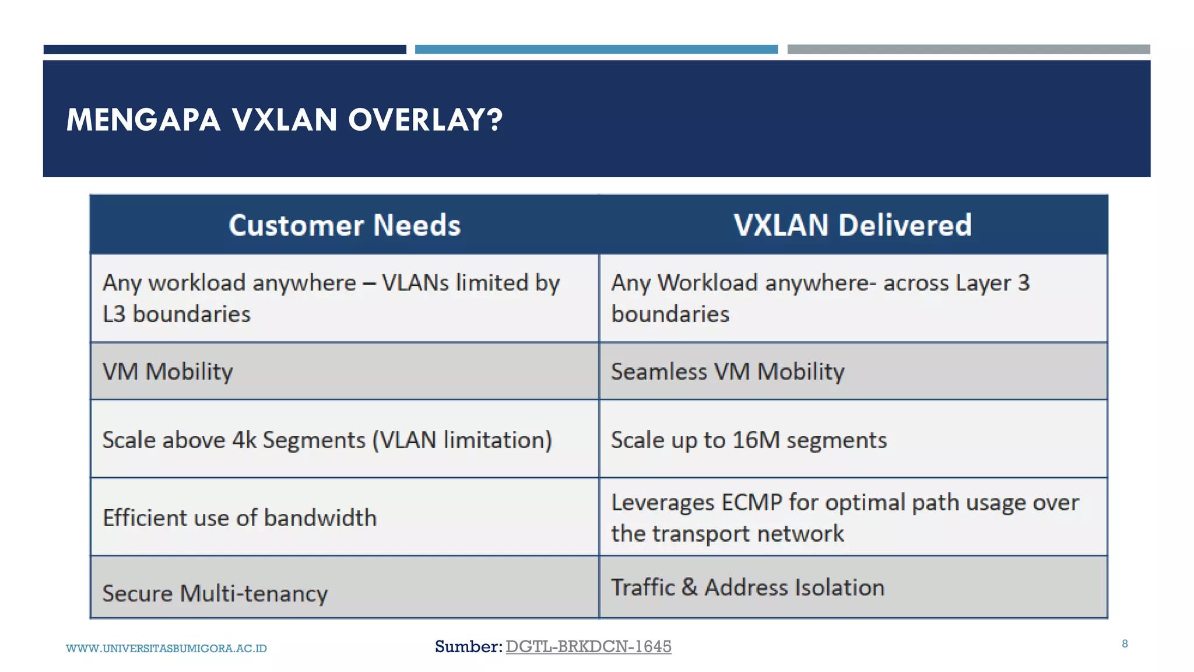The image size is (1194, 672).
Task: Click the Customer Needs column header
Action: point(345,225)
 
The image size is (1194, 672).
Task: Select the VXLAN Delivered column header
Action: point(852,225)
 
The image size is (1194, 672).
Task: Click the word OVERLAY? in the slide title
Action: point(425,120)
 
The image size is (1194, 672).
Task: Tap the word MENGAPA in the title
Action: point(143,120)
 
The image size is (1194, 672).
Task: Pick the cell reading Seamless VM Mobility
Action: point(728,372)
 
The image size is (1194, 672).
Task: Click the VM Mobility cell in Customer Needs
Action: point(168,372)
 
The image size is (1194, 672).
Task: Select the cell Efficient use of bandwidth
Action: point(240,518)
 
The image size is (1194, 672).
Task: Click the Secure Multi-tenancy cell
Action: point(215,594)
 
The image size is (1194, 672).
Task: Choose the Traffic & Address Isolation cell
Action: point(747,587)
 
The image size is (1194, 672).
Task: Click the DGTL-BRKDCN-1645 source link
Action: point(588,646)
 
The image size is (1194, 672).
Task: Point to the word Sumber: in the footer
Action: point(468,646)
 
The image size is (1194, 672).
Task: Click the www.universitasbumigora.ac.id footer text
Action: point(166,649)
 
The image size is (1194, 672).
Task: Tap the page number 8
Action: point(1125,644)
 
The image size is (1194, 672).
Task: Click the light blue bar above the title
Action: point(596,50)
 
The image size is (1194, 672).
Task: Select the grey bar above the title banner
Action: point(968,50)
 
